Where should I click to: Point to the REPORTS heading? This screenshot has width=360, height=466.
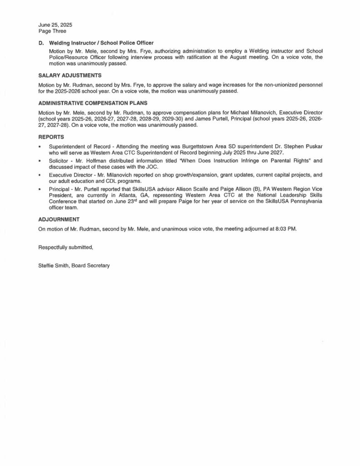pyautogui.click(x=51, y=136)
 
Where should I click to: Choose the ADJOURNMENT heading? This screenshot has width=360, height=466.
pyautogui.click(x=59, y=219)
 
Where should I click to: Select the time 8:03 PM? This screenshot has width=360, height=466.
pyautogui.click(x=285, y=229)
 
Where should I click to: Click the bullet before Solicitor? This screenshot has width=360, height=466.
pyautogui.click(x=40, y=161)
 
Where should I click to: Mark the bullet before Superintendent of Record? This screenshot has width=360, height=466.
pyautogui.click(x=40, y=147)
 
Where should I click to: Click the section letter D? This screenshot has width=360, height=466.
pyautogui.click(x=40, y=43)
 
